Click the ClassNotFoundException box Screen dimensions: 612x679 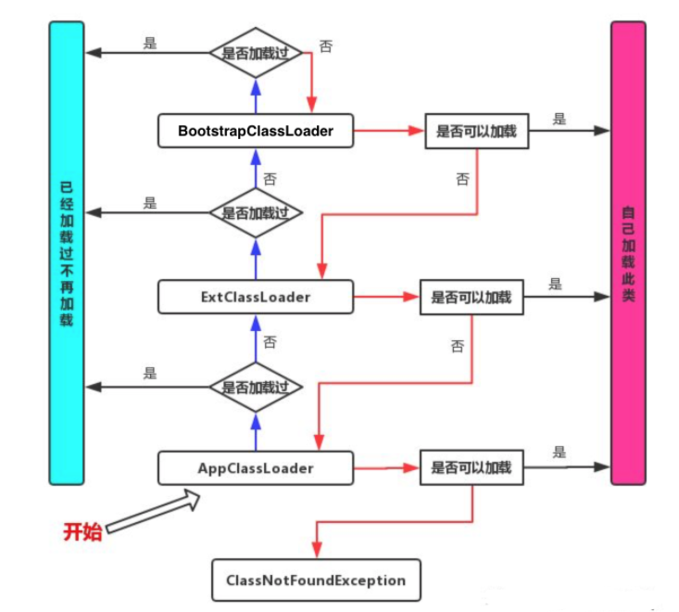(x=316, y=580)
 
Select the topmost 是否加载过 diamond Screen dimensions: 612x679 (x=256, y=53)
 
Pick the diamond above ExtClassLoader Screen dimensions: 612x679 (x=256, y=212)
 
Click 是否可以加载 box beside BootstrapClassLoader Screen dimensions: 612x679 (x=477, y=132)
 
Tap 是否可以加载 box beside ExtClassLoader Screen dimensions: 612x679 (x=472, y=299)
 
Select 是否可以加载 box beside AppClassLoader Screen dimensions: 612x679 (x=472, y=467)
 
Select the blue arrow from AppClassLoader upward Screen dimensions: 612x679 (x=256, y=431)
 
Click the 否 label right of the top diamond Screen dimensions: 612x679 (x=326, y=44)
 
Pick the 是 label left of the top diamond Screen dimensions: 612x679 (x=151, y=42)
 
